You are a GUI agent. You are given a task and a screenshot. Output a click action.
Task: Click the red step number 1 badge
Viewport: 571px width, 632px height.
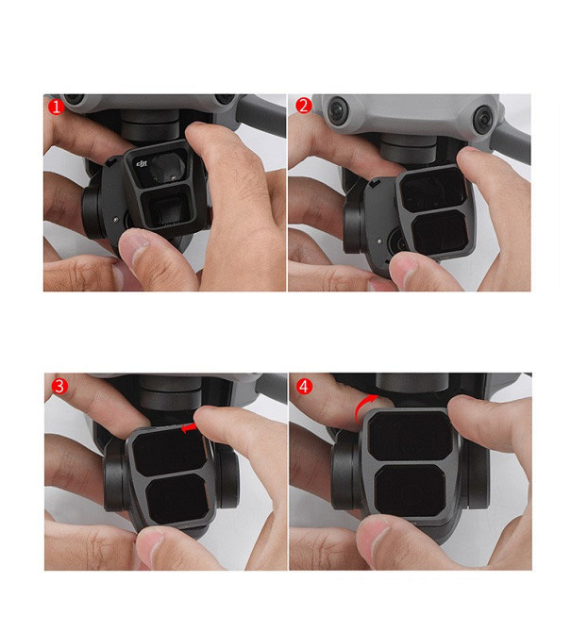[57, 107]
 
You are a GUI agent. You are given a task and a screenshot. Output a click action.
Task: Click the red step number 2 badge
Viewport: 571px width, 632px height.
[304, 106]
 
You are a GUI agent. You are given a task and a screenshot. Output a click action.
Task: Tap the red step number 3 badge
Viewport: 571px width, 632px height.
[57, 387]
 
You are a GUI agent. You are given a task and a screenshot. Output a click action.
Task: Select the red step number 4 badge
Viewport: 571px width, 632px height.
[304, 387]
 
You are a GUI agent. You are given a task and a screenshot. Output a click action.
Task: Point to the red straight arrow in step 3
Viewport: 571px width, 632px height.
[190, 428]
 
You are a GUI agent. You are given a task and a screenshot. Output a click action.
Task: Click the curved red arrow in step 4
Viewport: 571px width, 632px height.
[361, 407]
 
